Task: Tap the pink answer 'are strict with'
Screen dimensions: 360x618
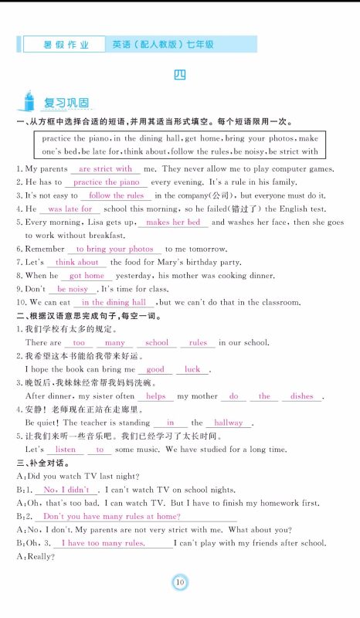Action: (106, 168)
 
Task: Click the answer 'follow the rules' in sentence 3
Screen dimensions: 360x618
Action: (117, 196)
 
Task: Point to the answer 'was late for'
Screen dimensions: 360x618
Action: (70, 209)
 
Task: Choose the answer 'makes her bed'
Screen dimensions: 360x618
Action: (173, 222)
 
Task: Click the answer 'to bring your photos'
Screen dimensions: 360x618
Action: (115, 250)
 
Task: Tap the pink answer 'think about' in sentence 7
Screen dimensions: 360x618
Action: (76, 263)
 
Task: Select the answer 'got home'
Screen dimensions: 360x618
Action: (87, 276)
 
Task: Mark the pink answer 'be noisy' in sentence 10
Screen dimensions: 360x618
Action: (73, 289)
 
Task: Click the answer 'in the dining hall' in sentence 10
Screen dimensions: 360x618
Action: (114, 303)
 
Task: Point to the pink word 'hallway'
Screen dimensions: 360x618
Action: (229, 423)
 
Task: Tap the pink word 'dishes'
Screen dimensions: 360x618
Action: (302, 396)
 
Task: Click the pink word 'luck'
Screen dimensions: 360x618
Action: (192, 370)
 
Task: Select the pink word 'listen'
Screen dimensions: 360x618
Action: (66, 450)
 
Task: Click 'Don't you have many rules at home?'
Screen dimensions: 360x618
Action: (111, 516)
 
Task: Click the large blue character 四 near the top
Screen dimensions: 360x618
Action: (179, 75)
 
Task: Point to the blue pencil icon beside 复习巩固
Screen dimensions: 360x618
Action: (29, 100)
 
